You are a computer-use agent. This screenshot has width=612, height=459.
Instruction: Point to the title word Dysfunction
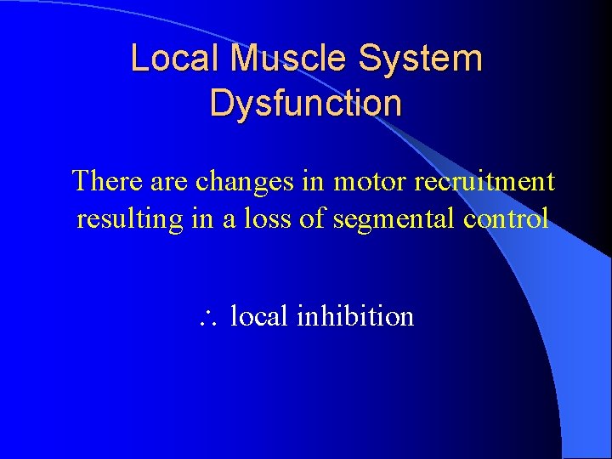click(x=305, y=103)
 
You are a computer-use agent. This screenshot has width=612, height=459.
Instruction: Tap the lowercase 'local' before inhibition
click(x=260, y=316)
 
